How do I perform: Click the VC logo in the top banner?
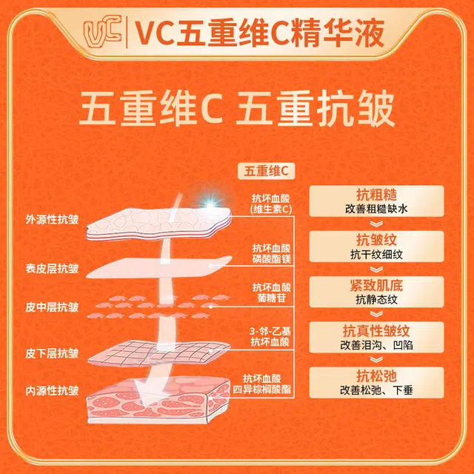tap(103, 32)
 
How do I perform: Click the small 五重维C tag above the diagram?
tap(266, 171)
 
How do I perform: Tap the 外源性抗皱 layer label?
tap(52, 219)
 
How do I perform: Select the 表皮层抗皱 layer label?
tap(52, 268)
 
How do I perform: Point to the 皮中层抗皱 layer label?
tap(52, 307)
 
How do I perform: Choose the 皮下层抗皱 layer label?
tap(52, 353)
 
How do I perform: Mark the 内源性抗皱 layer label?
tap(52, 390)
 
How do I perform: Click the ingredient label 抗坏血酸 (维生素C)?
tap(271, 204)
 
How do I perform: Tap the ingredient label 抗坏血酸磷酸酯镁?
tap(272, 253)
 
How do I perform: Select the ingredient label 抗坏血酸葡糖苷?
tap(272, 293)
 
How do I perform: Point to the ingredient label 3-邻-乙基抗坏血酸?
tap(270, 336)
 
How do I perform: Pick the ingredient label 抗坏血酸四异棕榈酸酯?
tap(261, 384)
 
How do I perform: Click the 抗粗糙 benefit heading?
tap(376, 195)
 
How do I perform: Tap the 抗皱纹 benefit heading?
tap(376, 240)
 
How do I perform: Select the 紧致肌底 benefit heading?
tap(376, 285)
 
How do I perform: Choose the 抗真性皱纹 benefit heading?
tap(376, 331)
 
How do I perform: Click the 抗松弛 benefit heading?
tap(376, 376)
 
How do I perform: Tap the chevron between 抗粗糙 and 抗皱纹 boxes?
tap(377, 224)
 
